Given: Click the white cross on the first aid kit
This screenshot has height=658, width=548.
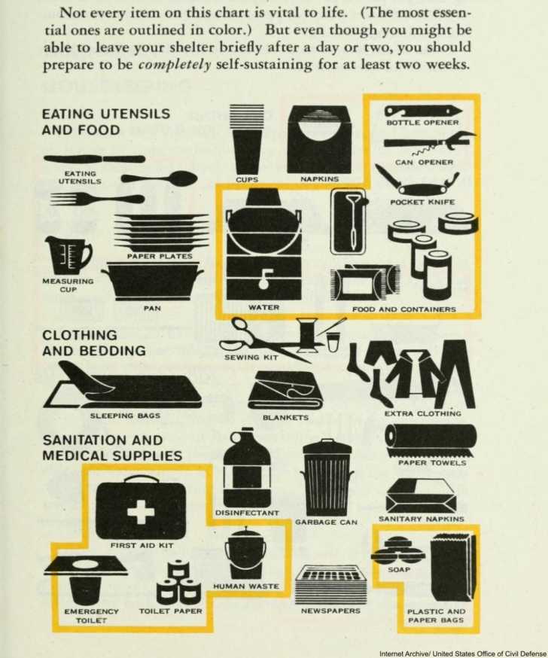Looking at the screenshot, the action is pos(141,511).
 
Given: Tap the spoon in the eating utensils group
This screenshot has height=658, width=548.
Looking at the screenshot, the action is pos(160,178).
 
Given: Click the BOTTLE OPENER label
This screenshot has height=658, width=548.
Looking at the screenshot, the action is pos(422,123).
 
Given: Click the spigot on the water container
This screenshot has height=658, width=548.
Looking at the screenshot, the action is pos(264,279).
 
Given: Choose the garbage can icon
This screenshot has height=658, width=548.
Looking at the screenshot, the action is pos(327,477).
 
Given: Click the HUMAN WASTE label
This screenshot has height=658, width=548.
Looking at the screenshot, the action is pos(246,586).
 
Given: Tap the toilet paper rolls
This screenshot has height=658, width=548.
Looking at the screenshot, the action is pos(178,580).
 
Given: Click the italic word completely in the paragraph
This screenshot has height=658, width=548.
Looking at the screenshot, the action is pos(174,65).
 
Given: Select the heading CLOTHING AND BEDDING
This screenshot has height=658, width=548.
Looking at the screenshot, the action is pos(94,343).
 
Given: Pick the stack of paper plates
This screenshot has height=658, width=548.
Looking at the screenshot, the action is pos(162,232).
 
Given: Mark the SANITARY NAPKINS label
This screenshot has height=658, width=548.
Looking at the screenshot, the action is pos(422,519).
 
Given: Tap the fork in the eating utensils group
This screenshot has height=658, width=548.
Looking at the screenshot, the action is pos(97,199).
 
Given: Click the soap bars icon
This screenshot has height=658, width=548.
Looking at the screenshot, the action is pos(397,550).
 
